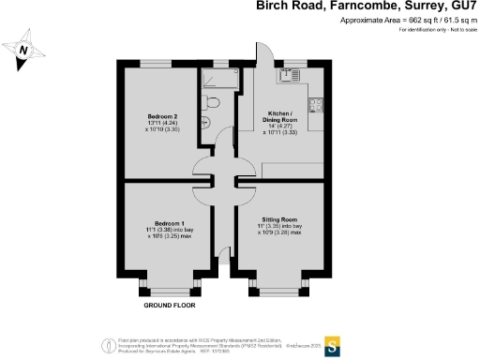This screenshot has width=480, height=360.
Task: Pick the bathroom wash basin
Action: [x=206, y=123]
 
